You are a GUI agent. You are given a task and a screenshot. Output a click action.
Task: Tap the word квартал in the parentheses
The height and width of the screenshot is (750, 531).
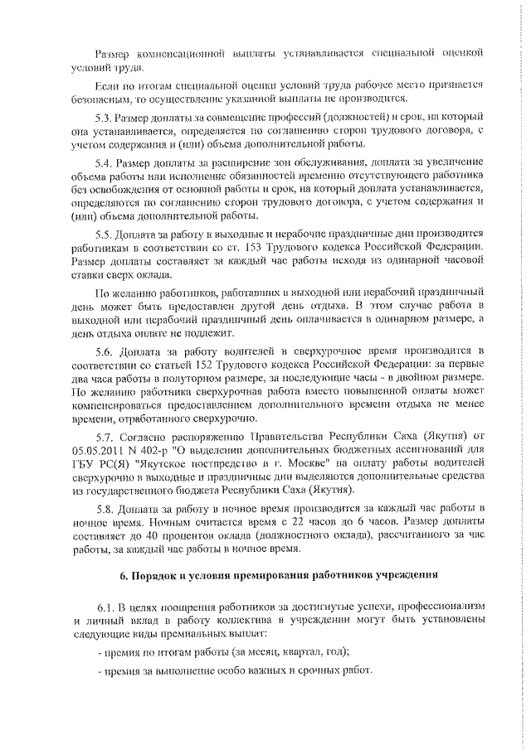pos(281,651)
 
